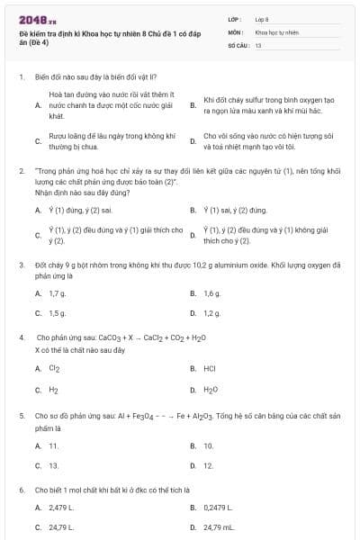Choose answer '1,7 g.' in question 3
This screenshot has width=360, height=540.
(58, 293)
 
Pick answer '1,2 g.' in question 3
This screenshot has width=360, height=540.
(212, 313)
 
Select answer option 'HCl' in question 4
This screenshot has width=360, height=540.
(210, 368)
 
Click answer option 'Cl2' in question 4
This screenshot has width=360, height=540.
(55, 368)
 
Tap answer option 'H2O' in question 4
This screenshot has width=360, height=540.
(211, 390)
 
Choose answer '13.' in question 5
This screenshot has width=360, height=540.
(54, 465)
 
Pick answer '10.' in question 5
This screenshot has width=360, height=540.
(209, 445)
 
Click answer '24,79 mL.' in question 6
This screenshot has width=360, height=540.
(219, 527)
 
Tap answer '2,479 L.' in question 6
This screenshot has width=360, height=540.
(61, 508)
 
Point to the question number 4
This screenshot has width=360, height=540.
(21, 337)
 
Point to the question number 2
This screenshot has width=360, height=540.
(21, 170)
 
